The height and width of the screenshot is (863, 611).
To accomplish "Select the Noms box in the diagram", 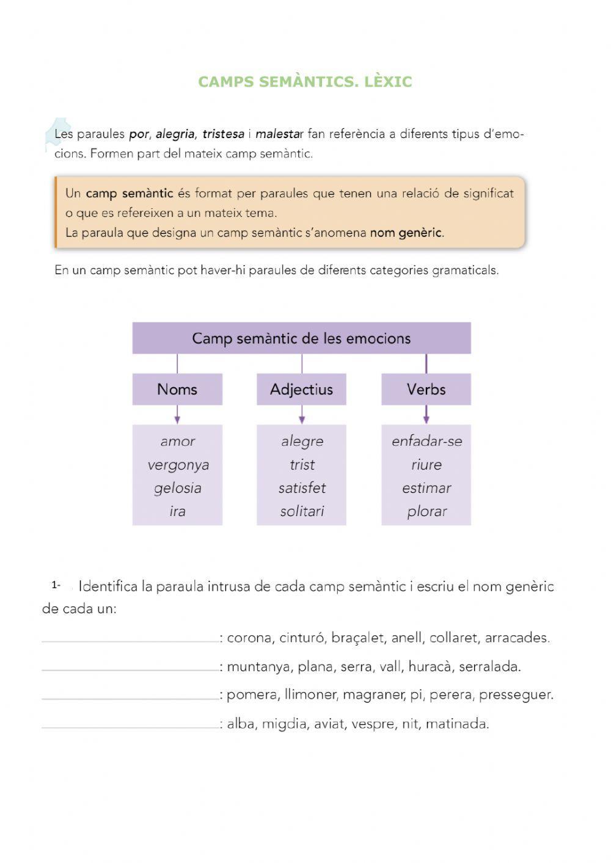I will point(177,390).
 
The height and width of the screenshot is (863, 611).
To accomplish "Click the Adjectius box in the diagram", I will point(301,390).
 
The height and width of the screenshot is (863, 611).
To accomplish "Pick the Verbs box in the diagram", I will point(426,390).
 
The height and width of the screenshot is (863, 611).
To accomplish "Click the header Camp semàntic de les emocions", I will point(301,338).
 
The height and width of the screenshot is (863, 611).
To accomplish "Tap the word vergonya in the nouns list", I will point(178,465).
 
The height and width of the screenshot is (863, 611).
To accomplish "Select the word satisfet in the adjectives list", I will point(302,488).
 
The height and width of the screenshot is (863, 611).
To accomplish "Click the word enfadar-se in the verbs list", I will point(426,441).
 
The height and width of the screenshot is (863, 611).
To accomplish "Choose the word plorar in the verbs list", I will point(426,512).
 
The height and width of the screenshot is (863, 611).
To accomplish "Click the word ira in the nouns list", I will point(177,512).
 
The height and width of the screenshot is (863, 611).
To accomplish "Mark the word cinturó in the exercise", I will point(302,638).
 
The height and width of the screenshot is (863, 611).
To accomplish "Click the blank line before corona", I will point(130,640).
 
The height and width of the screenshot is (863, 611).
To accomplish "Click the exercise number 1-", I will point(56,585).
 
